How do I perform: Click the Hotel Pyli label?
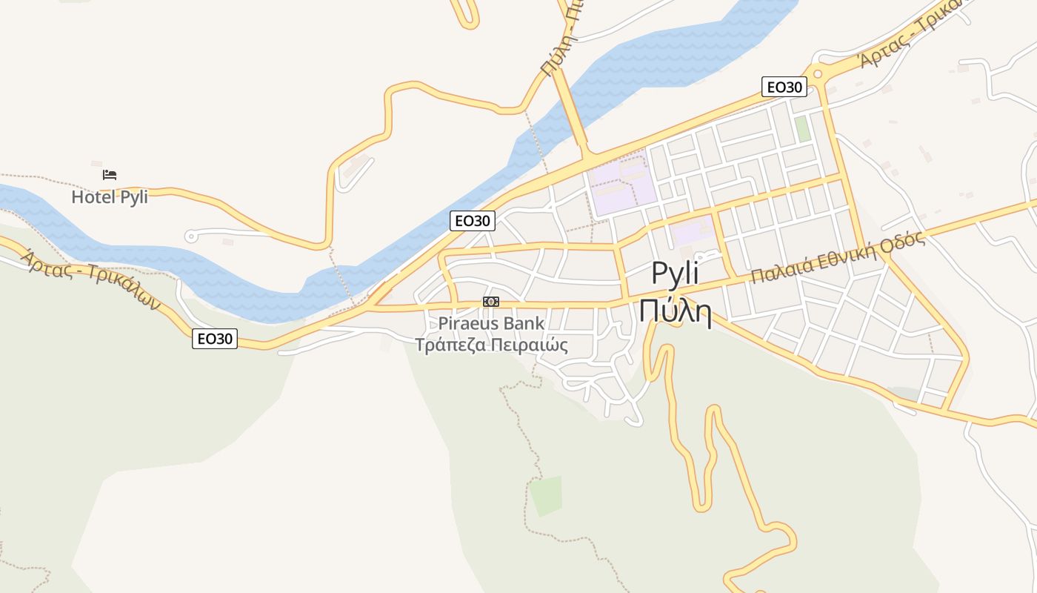[110, 197]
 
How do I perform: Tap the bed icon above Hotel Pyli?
[110, 175]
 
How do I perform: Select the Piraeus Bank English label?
[491, 323]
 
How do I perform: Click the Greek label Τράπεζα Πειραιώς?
[491, 345]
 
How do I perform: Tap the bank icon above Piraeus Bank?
[490, 302]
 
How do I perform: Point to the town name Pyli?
[675, 274]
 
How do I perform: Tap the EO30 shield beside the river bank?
[472, 220]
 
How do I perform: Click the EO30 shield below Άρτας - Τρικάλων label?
[215, 339]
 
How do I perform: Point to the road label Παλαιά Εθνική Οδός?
[838, 258]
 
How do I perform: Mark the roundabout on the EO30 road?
[817, 73]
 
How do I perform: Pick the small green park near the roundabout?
[802, 129]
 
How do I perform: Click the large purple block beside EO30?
[621, 185]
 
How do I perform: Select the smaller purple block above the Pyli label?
[693, 231]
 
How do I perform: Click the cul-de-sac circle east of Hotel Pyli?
[190, 236]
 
